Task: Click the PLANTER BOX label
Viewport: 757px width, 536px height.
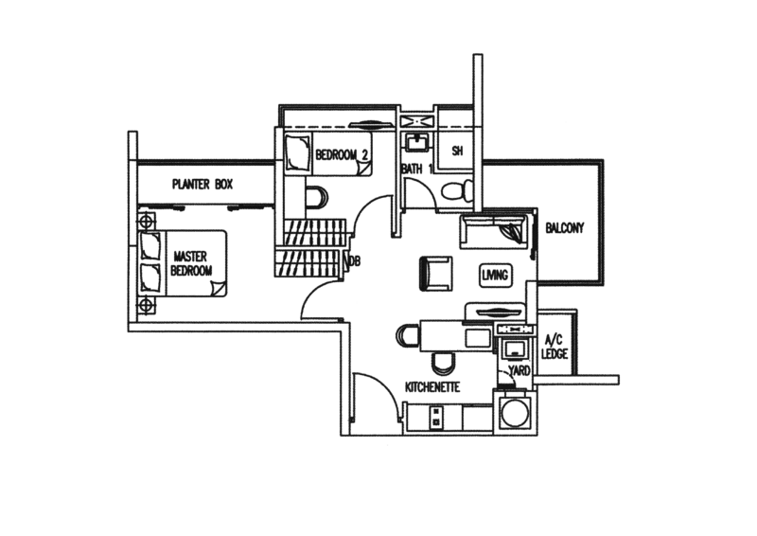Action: point(202,184)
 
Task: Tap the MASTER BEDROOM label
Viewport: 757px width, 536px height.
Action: point(191,263)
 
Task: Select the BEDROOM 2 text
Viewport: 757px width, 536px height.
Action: point(342,154)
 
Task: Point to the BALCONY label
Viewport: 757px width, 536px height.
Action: point(564,227)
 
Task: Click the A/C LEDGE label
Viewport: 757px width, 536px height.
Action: point(555,347)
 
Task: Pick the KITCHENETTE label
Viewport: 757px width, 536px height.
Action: point(432,387)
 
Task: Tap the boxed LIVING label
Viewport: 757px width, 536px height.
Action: point(495,275)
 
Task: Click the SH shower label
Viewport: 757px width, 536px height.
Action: point(457,151)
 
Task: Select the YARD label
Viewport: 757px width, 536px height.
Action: point(519,370)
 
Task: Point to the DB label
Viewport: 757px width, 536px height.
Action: point(354,261)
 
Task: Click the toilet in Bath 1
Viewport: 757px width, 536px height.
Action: point(457,189)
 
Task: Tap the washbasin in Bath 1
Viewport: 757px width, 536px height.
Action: point(416,142)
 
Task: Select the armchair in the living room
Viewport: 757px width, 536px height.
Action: point(436,274)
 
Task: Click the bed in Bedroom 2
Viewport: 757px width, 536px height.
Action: point(328,154)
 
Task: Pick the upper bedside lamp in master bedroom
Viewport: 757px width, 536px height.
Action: point(146,222)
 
